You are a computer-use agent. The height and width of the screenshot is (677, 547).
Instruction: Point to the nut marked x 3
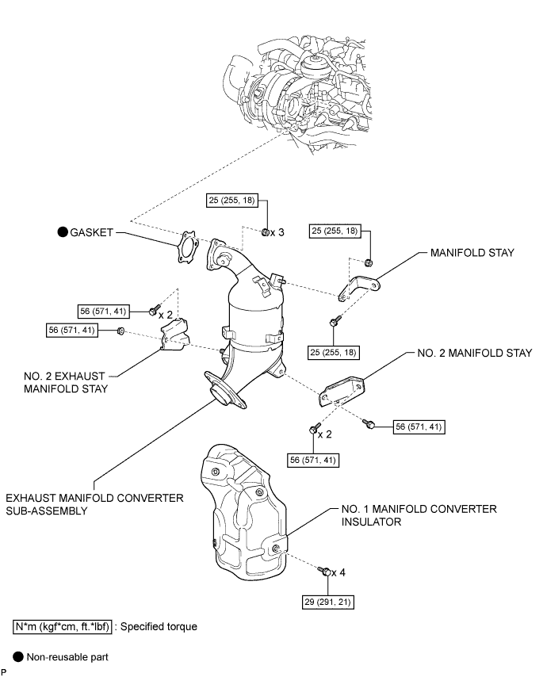(266, 231)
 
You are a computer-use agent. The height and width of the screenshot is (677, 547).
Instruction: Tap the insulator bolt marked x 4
(324, 571)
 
